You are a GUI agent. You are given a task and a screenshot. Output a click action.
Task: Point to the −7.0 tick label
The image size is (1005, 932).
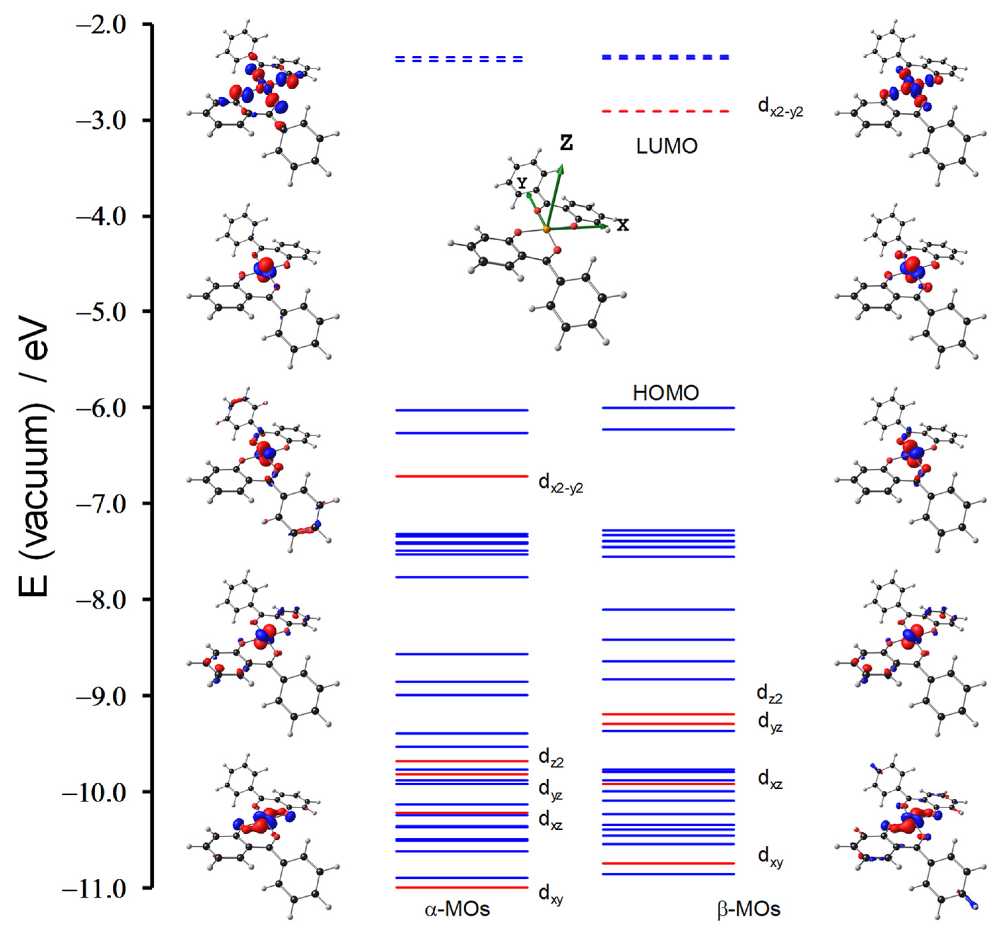(x=101, y=504)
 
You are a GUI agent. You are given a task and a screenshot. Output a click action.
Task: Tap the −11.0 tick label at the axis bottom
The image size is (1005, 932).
(x=94, y=889)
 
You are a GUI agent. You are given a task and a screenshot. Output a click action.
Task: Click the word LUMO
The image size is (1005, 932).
(x=666, y=146)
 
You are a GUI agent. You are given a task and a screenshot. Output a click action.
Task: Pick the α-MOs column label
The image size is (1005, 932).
(x=457, y=909)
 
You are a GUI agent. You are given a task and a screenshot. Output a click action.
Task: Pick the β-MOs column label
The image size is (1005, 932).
(x=748, y=909)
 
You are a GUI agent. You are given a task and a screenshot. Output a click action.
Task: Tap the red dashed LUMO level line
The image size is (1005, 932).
(x=665, y=111)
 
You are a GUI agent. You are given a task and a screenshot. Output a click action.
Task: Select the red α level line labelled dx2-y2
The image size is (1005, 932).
(x=461, y=476)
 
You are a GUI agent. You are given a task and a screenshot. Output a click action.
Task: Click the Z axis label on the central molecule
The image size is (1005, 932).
(x=567, y=143)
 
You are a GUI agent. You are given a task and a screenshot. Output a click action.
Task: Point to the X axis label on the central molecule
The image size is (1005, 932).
(x=623, y=225)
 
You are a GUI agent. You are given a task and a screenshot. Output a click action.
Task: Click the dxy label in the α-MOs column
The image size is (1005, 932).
(x=550, y=894)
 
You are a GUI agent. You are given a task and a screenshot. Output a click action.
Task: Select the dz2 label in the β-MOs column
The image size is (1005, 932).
(x=769, y=694)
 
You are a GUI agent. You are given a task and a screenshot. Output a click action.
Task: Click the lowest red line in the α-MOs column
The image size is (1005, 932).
(x=461, y=887)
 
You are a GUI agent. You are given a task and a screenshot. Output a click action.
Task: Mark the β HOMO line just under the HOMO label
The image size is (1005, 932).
(x=668, y=407)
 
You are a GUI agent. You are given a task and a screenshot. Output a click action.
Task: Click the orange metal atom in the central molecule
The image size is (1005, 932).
(x=547, y=230)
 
